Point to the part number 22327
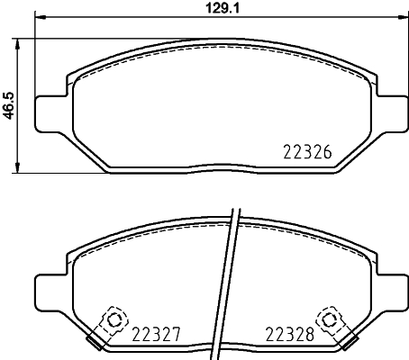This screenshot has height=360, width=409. click(157, 333)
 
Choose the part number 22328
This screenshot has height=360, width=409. click(289, 333)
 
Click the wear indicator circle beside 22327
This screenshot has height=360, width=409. click(114, 319)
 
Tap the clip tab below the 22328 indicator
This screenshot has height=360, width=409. click(347, 343)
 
